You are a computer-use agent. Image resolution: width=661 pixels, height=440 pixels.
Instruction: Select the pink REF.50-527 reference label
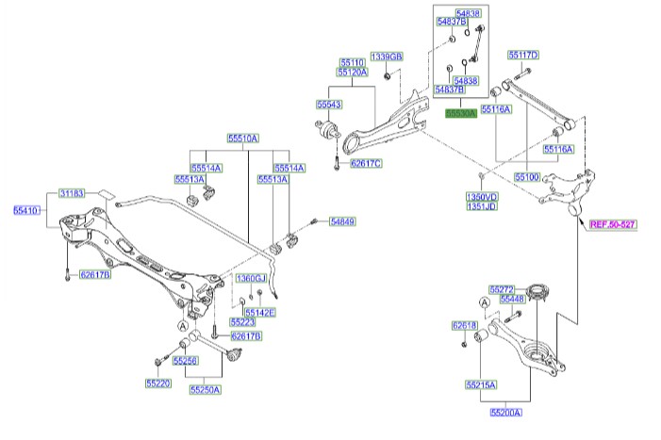click(x=613, y=225)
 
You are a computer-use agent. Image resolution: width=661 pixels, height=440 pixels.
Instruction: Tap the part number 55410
click(x=25, y=211)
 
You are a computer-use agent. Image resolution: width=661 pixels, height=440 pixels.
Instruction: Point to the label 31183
click(x=72, y=192)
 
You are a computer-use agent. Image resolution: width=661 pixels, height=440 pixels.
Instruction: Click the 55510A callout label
click(x=241, y=138)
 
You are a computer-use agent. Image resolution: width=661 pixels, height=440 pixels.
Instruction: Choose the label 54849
click(x=341, y=221)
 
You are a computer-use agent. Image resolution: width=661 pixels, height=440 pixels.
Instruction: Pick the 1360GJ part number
click(x=252, y=279)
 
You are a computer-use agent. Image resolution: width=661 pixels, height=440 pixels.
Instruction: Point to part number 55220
click(x=157, y=383)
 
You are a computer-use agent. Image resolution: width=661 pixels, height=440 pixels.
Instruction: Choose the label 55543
click(x=329, y=106)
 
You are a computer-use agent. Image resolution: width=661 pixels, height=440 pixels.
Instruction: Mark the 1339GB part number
click(x=386, y=57)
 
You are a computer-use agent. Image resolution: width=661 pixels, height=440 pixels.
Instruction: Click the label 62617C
click(x=366, y=164)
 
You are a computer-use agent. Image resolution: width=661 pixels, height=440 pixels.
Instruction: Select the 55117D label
click(x=523, y=55)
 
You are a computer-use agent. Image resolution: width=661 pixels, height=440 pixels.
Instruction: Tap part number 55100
click(x=527, y=176)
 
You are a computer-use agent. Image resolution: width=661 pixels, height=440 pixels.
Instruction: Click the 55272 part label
click(x=501, y=288)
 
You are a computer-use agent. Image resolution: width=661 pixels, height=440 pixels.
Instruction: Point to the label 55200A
click(x=505, y=412)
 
